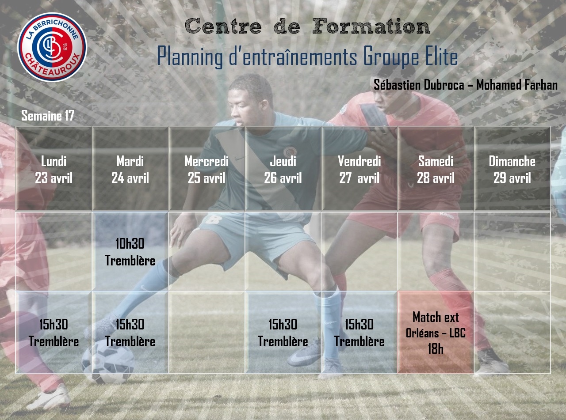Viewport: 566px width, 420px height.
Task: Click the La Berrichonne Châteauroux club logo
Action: click(52, 47)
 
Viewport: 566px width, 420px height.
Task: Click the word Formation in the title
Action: click(371, 26)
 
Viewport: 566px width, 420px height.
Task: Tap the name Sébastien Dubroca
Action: click(419, 85)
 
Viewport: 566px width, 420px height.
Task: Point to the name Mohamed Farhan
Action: click(517, 85)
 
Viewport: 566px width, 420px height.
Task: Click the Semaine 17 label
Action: click(48, 116)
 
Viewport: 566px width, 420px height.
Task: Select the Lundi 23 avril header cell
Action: click(54, 169)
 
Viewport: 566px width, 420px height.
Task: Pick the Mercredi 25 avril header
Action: click(207, 169)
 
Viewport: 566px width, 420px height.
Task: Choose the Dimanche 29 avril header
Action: click(512, 169)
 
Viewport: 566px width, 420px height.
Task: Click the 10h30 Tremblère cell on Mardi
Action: click(130, 252)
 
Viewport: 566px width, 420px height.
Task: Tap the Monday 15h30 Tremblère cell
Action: click(54, 332)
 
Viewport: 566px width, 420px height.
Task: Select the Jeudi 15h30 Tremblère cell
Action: click(283, 332)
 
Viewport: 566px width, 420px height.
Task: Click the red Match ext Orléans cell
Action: click(436, 332)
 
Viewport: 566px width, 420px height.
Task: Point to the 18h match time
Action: click(436, 348)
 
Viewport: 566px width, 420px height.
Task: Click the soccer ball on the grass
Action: click(108, 361)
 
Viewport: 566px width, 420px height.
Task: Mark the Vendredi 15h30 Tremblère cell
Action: click(359, 332)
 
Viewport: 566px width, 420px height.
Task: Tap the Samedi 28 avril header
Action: click(436, 169)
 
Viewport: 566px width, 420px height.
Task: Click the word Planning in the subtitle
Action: click(190, 57)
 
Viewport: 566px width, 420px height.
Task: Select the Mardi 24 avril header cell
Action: click(130, 169)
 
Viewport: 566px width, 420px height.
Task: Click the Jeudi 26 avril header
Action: click(283, 169)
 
